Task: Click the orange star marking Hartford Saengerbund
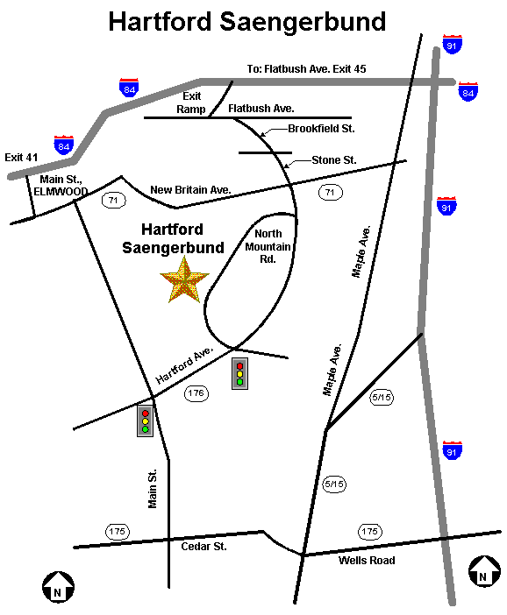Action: [x=184, y=280]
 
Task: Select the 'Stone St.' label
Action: [x=334, y=160]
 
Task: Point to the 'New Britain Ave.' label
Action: [x=189, y=189]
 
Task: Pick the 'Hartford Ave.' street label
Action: [x=184, y=364]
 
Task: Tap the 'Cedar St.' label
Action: [x=204, y=546]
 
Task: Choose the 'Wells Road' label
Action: [x=367, y=561]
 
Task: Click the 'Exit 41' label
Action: [x=22, y=157]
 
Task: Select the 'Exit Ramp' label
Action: [x=191, y=102]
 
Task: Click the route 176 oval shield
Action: [x=197, y=393]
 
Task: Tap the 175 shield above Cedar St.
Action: [x=117, y=531]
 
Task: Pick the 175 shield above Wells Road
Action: [x=370, y=531]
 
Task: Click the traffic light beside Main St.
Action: [x=146, y=421]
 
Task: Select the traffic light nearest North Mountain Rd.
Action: [x=239, y=373]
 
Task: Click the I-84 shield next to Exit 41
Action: [x=63, y=145]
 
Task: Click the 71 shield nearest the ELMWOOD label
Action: [x=113, y=201]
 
